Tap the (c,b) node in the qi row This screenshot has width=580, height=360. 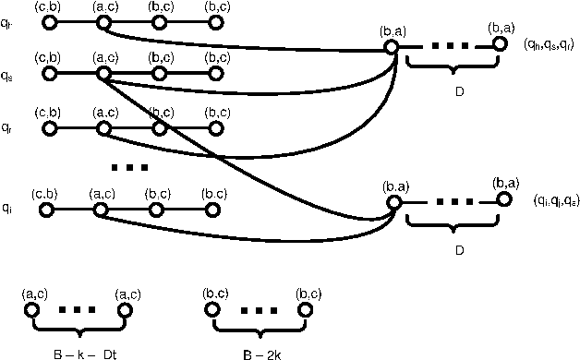pyautogui.click(x=46, y=210)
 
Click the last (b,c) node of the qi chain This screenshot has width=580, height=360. pyautogui.click(x=213, y=210)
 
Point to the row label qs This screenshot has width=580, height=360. pyautogui.click(x=8, y=78)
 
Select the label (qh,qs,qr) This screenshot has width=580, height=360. pyautogui.click(x=550, y=44)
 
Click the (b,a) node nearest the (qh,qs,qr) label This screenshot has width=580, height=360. pyautogui.click(x=500, y=43)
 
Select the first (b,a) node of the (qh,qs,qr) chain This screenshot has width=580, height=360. pyautogui.click(x=391, y=46)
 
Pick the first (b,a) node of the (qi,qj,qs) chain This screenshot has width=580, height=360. pyautogui.click(x=393, y=202)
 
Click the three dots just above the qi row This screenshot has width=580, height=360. pyautogui.click(x=128, y=167)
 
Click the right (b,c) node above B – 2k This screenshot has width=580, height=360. pyautogui.click(x=305, y=311)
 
